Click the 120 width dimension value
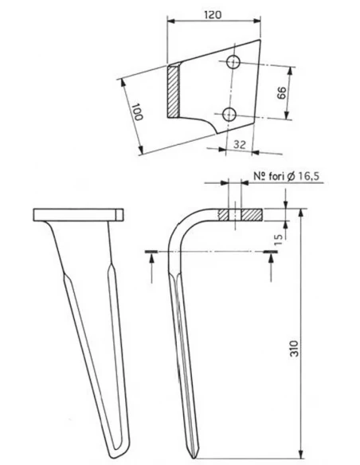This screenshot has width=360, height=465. click(212, 14)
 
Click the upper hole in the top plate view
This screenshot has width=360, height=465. click(233, 62)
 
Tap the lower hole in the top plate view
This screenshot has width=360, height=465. click(229, 113)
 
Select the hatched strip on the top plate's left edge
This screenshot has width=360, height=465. click(174, 90)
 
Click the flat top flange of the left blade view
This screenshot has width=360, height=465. click(78, 214)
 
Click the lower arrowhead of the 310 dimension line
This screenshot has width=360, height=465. click(303, 449)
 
